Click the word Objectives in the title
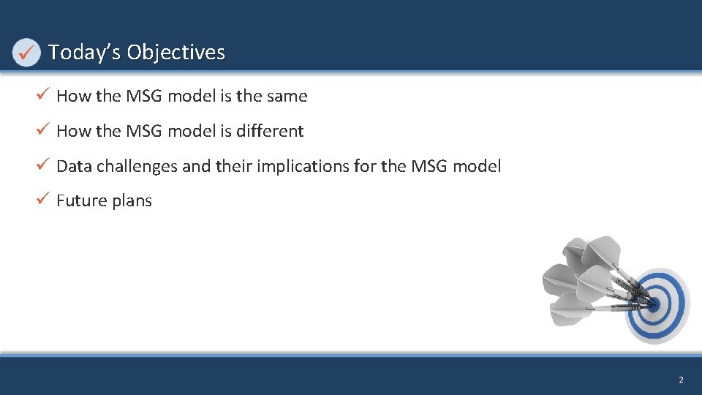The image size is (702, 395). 175,53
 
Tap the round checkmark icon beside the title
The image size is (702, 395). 27,53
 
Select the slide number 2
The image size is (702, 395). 681,380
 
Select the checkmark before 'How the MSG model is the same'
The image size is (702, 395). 43,95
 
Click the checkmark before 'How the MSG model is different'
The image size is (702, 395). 43,130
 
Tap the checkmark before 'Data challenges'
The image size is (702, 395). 43,165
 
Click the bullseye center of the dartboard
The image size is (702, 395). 652,302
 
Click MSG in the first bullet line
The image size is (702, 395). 145,96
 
